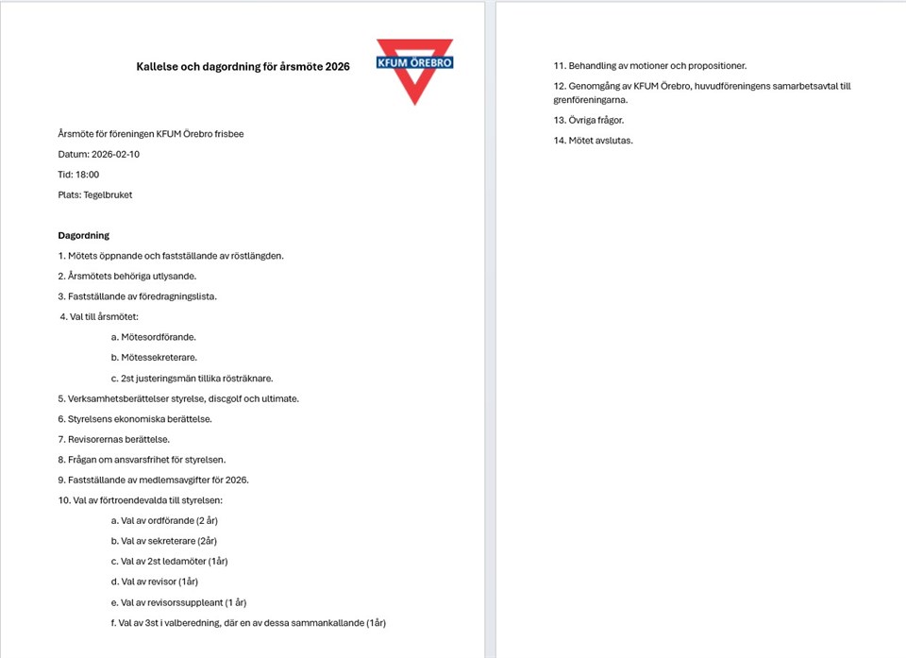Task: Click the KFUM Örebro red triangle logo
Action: tap(414, 71)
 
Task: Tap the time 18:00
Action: tap(87, 175)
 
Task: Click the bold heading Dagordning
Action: tap(84, 235)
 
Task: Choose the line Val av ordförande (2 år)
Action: tap(164, 520)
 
